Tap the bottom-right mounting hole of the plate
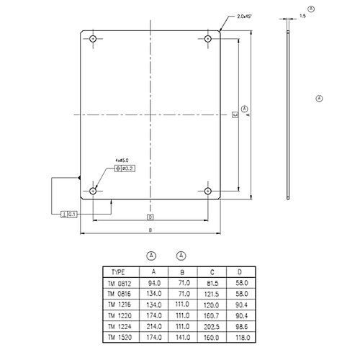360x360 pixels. pos(207,191)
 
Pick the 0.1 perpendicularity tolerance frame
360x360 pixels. pos(70,214)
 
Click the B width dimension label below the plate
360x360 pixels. pos(150,230)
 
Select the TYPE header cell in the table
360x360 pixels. pos(119,272)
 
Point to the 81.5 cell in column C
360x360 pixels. pos(212,283)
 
